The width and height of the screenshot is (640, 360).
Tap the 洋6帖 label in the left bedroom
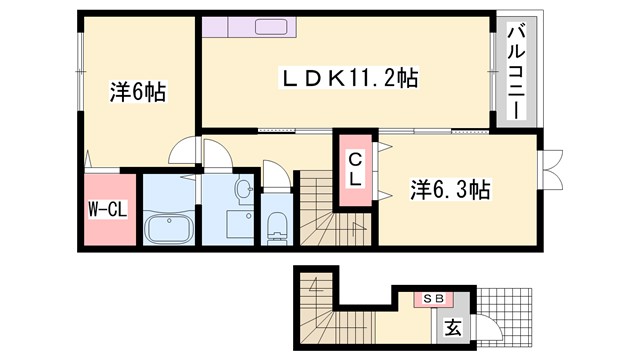(x=138, y=91)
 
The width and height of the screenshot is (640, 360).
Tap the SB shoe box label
(x=435, y=298)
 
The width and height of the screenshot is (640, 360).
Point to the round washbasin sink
(x=243, y=189)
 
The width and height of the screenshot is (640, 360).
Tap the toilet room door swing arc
(x=278, y=176)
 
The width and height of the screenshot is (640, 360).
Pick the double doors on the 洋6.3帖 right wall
(x=551, y=170)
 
